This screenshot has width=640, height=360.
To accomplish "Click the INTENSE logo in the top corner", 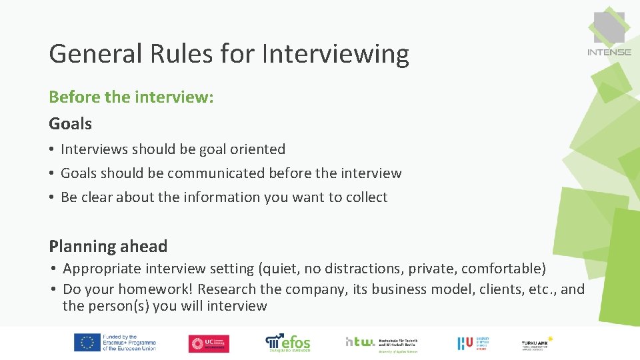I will click(x=609, y=35).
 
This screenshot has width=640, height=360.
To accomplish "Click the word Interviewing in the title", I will click(x=335, y=53).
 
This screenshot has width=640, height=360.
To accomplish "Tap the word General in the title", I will click(x=95, y=53).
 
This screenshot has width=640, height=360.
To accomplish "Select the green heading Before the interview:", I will click(x=131, y=97).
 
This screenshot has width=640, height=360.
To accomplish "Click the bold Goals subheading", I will click(x=70, y=123).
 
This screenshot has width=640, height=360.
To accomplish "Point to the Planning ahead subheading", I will click(x=108, y=246).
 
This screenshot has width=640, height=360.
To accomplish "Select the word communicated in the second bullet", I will click(x=216, y=173).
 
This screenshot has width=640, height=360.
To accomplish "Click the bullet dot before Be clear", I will click(x=52, y=197).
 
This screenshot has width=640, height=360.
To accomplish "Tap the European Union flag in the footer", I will click(x=87, y=343).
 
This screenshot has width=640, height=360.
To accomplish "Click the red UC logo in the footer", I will click(x=208, y=343).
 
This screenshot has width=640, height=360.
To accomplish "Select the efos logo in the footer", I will click(x=288, y=342).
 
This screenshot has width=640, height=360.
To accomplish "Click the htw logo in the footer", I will click(x=377, y=343).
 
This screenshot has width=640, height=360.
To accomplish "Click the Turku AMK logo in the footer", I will click(x=537, y=343).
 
